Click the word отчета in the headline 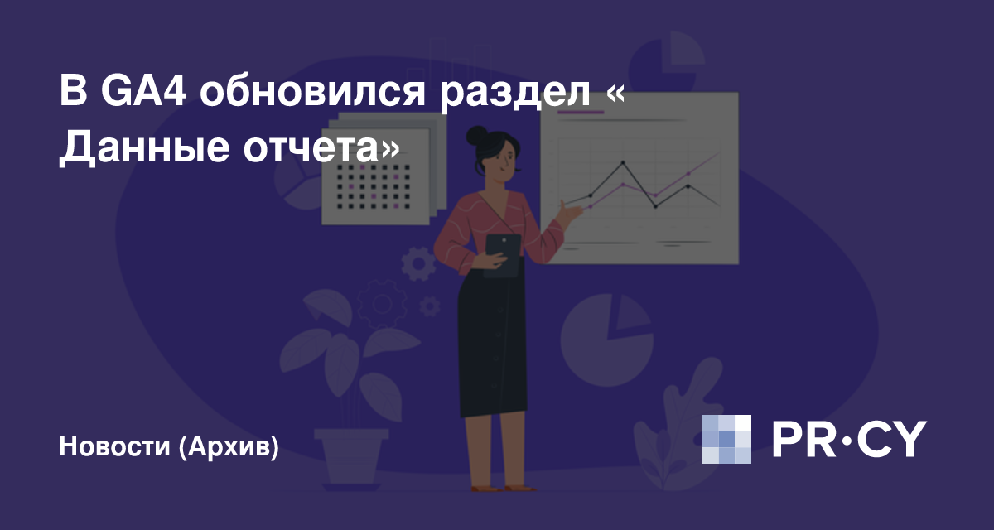(310, 148)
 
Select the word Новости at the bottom (114, 446)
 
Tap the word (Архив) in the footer (229, 446)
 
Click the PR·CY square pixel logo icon (726, 439)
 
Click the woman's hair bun (477, 135)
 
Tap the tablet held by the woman (504, 255)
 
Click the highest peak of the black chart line (623, 162)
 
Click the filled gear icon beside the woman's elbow (418, 264)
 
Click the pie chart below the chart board (606, 340)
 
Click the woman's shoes (504, 489)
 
